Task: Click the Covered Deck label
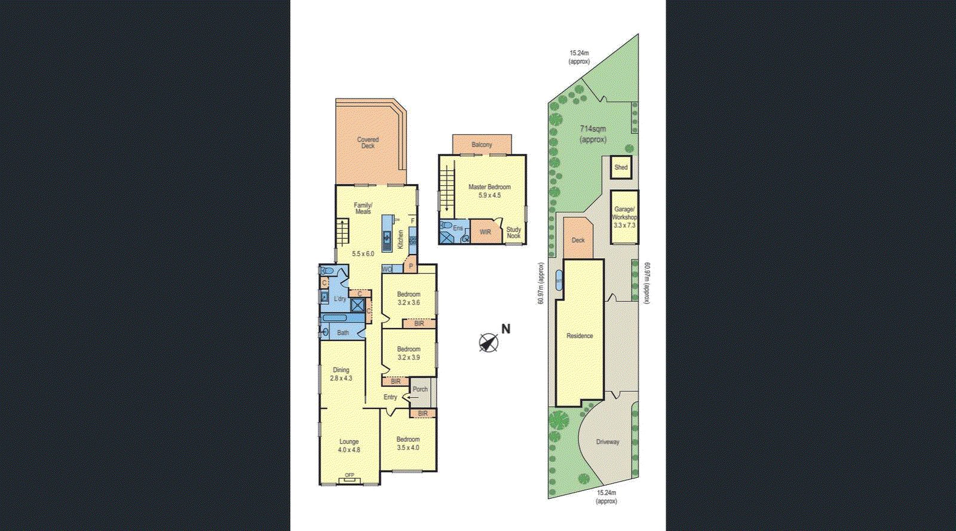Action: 368,143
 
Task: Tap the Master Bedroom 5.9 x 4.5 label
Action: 489,191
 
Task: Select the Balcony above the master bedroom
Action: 482,145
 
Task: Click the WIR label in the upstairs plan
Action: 485,232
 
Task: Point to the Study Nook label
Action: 514,232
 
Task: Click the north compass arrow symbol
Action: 489,343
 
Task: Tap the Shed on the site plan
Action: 621,168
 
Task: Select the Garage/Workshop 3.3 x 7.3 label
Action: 624,217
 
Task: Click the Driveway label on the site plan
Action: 608,442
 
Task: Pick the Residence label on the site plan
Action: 580,336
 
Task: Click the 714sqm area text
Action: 593,134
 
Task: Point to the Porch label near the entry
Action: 420,389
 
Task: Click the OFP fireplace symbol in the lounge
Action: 350,477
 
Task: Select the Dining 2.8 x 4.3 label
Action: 341,374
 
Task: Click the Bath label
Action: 343,333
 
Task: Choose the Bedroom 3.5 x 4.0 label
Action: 408,443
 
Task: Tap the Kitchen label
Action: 401,240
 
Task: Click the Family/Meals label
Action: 363,208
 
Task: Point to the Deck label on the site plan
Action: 578,240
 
